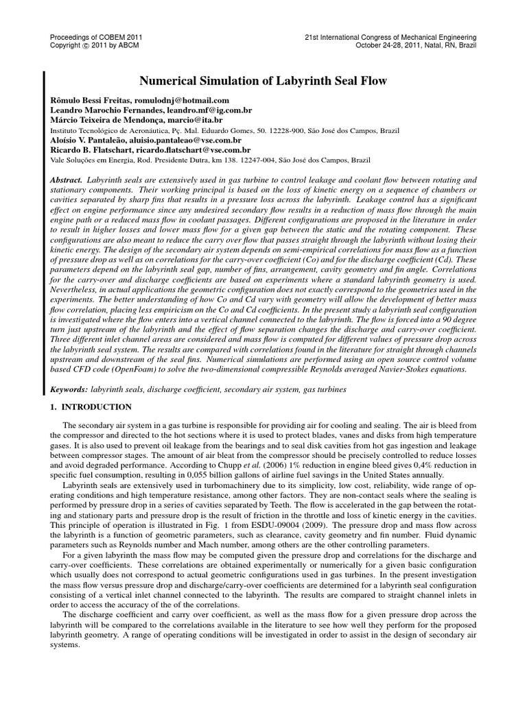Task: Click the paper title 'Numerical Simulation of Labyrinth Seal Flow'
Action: click(x=263, y=82)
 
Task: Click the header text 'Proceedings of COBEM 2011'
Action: click(x=96, y=37)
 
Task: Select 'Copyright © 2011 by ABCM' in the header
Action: click(x=94, y=46)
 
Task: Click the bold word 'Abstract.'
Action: click(x=67, y=179)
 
